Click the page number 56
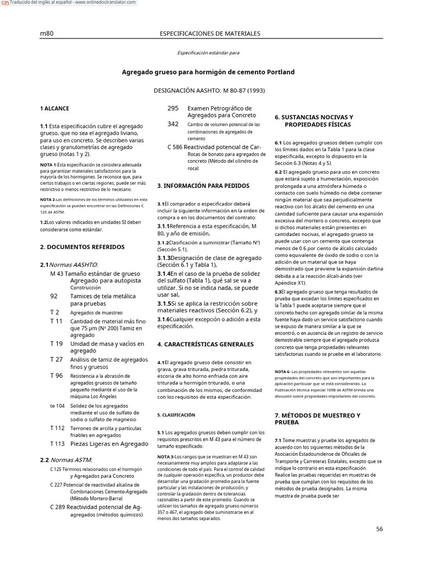[x=379, y=529]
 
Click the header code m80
[x=47, y=34]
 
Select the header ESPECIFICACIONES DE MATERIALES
[x=209, y=34]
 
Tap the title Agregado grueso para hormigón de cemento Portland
[x=208, y=72]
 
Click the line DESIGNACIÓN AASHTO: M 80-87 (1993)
[x=208, y=89]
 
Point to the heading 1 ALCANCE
[x=54, y=109]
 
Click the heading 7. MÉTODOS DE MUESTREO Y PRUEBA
[x=318, y=418]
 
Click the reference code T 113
[x=57, y=443]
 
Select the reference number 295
[x=173, y=108]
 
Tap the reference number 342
[x=173, y=124]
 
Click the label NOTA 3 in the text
[x=165, y=457]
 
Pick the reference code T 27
[x=56, y=359]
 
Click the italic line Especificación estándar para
[x=208, y=53]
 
